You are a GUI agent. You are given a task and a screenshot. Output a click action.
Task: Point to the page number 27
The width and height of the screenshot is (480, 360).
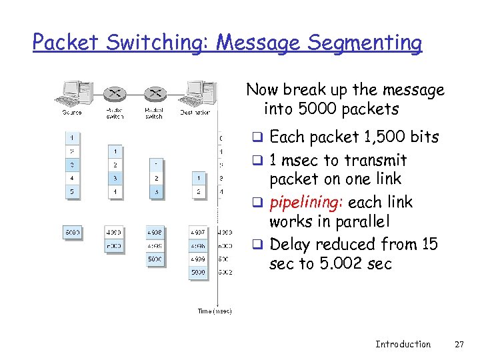coord(458,344)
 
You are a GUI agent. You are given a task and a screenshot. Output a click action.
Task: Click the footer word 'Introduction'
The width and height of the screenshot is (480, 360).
coord(403,344)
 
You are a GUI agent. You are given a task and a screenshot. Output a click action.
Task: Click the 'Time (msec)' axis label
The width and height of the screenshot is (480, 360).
coord(215,311)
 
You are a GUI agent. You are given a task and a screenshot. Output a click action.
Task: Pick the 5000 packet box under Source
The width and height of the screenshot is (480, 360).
coord(72,233)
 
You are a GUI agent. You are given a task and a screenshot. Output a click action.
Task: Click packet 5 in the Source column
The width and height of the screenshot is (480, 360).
coord(72,191)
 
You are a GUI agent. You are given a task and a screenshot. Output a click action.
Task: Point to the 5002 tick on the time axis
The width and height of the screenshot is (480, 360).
coord(224,272)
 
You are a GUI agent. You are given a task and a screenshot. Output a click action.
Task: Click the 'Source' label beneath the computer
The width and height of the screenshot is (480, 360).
coord(72,113)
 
